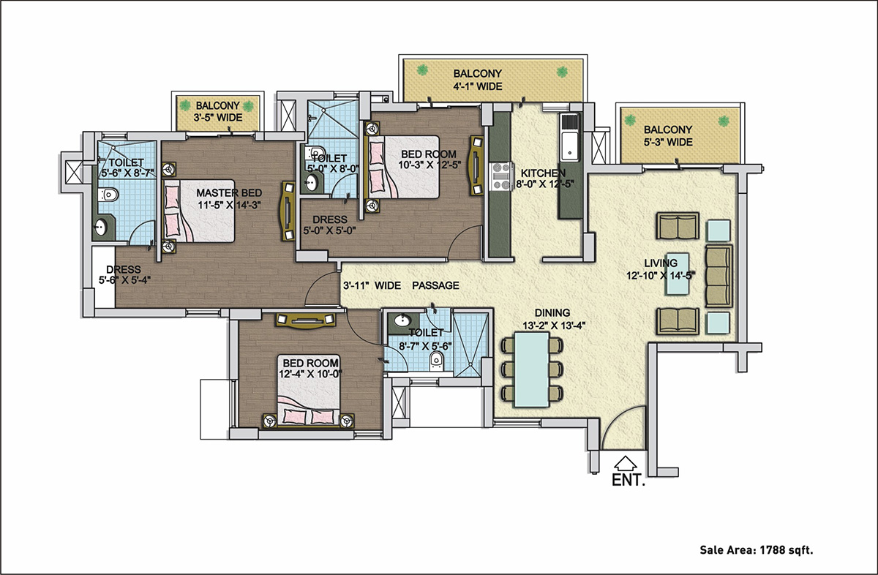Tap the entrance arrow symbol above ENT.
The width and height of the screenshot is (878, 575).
point(624,463)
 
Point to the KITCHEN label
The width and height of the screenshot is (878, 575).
point(542,173)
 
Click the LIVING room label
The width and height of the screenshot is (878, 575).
point(660,263)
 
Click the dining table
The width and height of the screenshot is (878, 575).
point(531,369)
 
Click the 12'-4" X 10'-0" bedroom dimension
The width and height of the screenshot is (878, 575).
point(310,374)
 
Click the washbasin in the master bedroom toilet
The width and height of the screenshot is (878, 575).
point(102,228)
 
